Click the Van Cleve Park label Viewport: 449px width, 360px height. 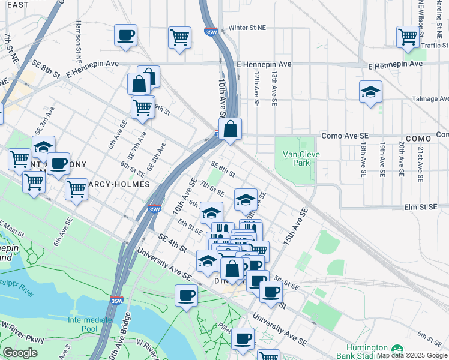pos(296,158)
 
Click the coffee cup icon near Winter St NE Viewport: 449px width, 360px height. pos(125,35)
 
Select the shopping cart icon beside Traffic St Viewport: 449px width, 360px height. pos(408,37)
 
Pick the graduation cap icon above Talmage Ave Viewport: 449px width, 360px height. pos(370,92)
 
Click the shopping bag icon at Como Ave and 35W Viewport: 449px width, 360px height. pos(230,128)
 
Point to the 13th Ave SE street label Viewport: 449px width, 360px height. pos(273,89)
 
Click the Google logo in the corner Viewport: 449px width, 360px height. pos(20,353)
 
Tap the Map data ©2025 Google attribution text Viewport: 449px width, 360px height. pos(412,355)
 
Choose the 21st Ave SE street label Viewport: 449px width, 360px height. pos(421,159)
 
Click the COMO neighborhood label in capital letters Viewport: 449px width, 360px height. pos(418,138)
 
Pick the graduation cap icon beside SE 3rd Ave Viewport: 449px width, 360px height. pos(43,147)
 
